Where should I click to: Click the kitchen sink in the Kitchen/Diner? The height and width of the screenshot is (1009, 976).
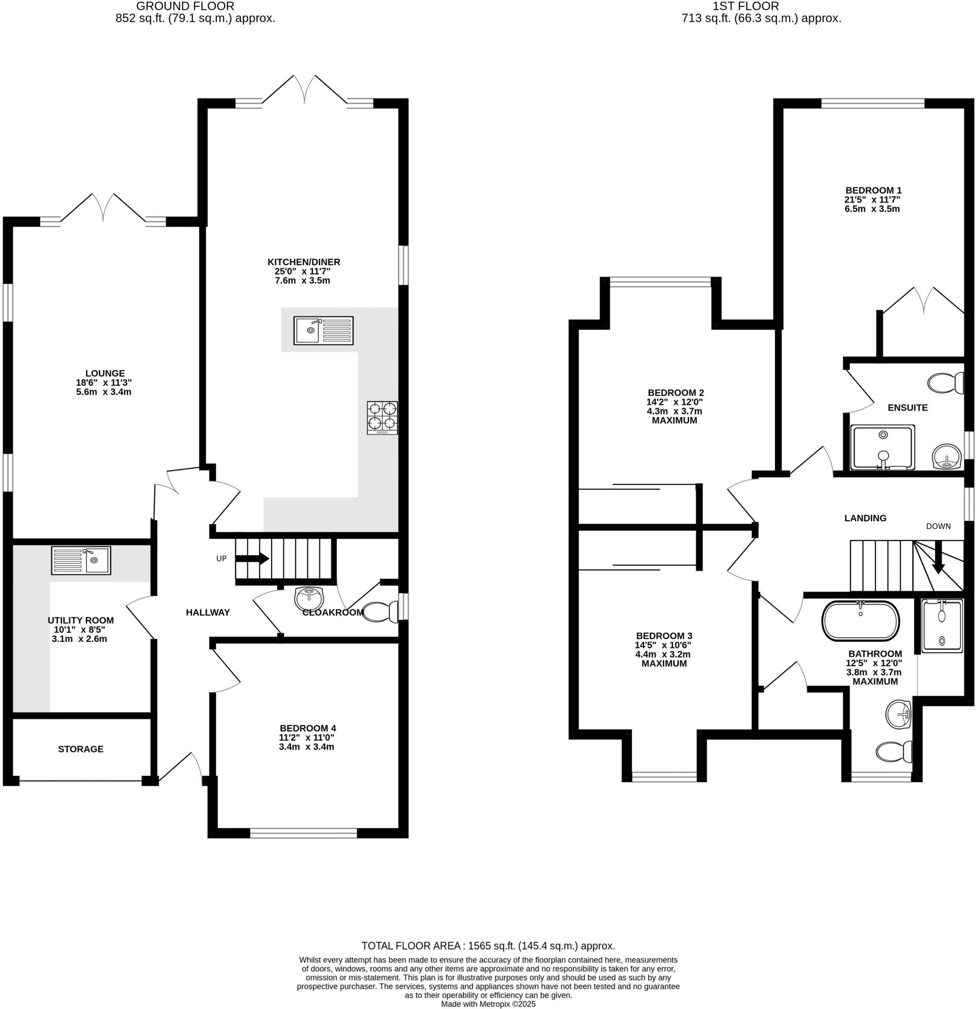323,331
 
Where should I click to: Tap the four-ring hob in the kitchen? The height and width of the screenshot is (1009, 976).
382,417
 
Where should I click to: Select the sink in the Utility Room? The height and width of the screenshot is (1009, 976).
81,561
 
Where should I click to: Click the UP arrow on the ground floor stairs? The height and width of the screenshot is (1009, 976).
257,559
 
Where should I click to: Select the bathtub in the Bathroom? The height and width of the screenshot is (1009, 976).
860,621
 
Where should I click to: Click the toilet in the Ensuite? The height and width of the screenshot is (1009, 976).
945,383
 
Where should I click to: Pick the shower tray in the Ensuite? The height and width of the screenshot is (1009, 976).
883,447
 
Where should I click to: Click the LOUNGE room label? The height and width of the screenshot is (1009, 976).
105,373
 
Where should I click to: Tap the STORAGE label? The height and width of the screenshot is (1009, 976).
81,749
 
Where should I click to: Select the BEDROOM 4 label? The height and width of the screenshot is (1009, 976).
308,728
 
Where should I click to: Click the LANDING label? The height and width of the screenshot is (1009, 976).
865,518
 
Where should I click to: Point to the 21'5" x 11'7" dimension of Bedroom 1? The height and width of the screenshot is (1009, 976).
872,199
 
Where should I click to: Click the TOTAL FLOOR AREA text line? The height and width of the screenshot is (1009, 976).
488,945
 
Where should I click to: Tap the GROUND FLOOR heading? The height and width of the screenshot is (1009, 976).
185,6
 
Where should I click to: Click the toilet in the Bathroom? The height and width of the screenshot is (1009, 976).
894,752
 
